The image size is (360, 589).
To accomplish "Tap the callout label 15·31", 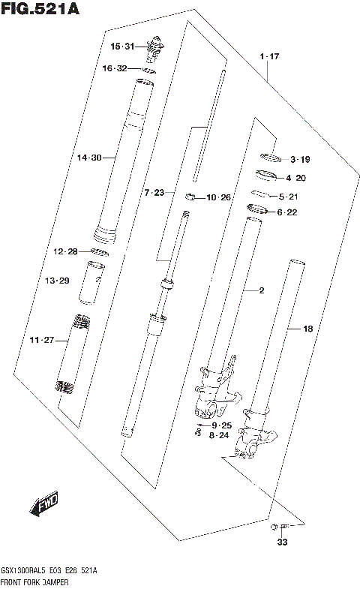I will pos(122,47).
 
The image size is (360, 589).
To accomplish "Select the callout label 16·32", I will pos(115,68).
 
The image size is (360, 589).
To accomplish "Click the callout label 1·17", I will pos(269,57).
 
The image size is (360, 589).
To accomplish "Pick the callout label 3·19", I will pos(300,159).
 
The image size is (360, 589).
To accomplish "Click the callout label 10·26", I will pos(220,198).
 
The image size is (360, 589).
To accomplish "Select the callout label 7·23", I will pos(154,193).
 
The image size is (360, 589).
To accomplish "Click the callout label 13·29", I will pos(57,281).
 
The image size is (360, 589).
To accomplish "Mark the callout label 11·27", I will pos(42,341).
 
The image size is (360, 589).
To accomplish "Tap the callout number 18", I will pos(307,329).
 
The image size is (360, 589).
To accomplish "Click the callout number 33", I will pos(282,542).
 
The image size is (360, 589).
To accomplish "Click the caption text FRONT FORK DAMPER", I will pos(35,581).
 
